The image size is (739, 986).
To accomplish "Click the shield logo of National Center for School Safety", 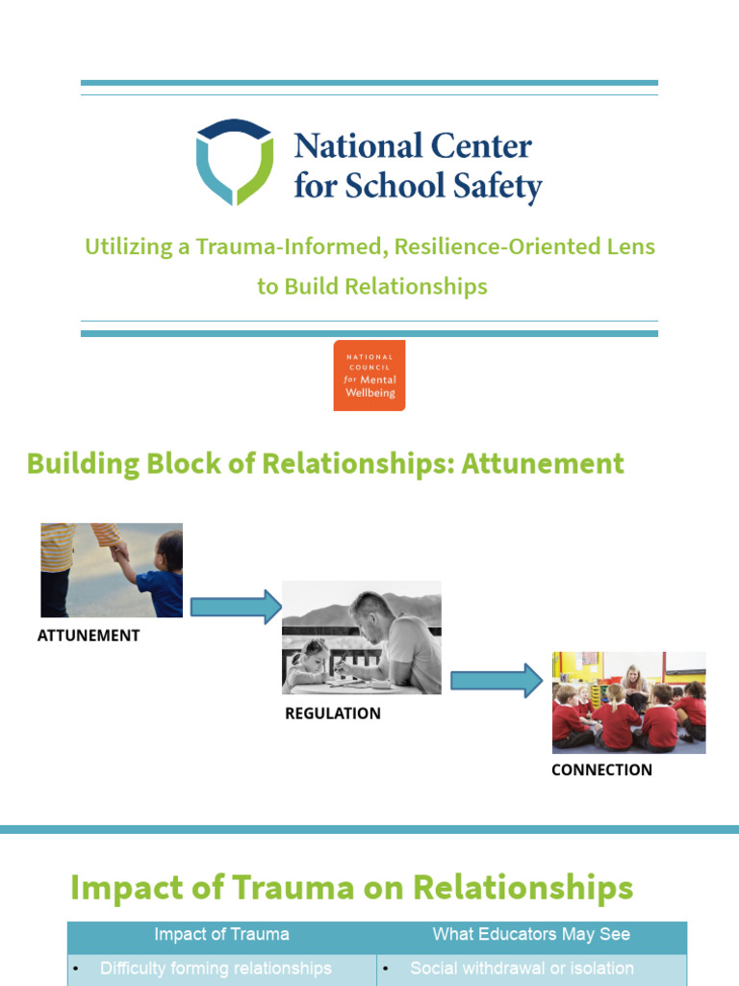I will [234, 161].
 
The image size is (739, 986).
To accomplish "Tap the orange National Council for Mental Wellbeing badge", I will [369, 376].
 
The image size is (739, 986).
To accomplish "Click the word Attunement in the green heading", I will [543, 464].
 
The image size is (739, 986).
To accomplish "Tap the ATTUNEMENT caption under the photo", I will [89, 636].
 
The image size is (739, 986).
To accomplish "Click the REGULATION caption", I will [333, 714].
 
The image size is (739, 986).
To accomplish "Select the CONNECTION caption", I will [601, 770].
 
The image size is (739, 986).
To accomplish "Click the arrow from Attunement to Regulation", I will [235, 607].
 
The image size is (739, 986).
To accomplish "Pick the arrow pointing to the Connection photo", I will [497, 680].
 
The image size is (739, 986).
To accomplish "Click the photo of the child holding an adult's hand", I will [112, 570].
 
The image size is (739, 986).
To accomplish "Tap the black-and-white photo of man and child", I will [362, 636].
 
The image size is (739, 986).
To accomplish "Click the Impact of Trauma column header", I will [221, 934].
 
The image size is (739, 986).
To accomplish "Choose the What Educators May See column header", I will [531, 934].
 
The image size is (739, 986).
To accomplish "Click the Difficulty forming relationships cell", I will [216, 969].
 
